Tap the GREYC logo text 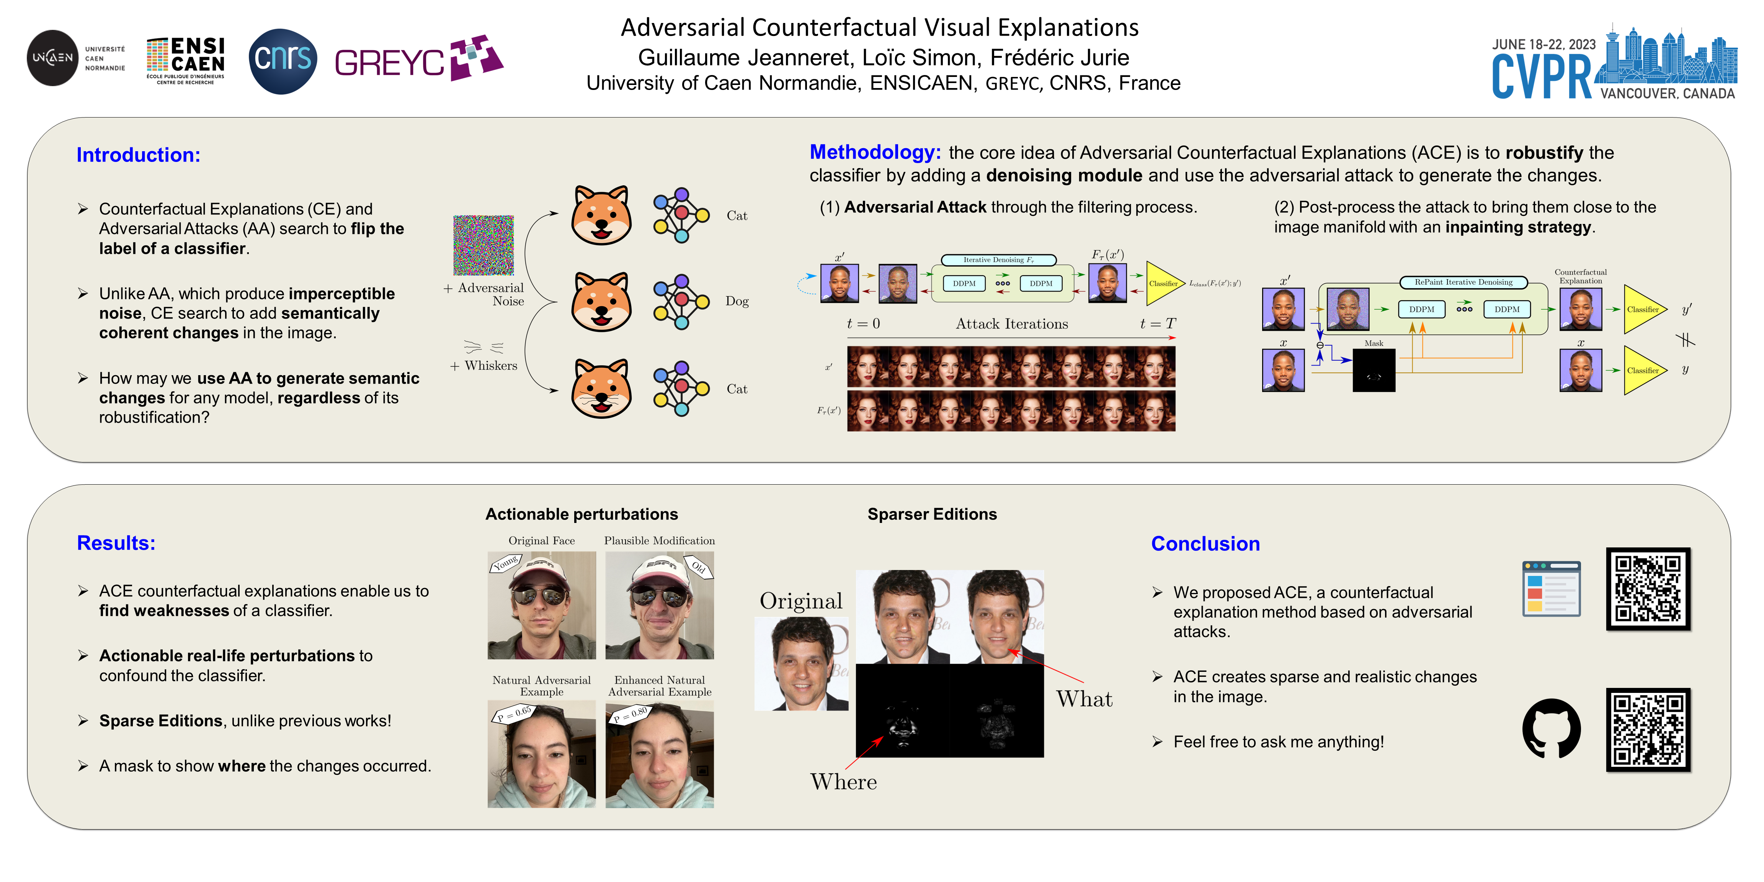point(389,64)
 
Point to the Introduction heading point(138,155)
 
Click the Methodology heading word point(874,152)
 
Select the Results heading point(116,543)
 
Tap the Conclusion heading point(1205,544)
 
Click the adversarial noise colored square point(483,245)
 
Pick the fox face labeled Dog point(601,301)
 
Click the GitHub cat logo point(1551,728)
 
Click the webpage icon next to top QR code point(1551,589)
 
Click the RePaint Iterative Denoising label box point(1463,282)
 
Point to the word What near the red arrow point(1084,699)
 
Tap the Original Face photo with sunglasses point(542,605)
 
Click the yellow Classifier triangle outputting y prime point(1643,310)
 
